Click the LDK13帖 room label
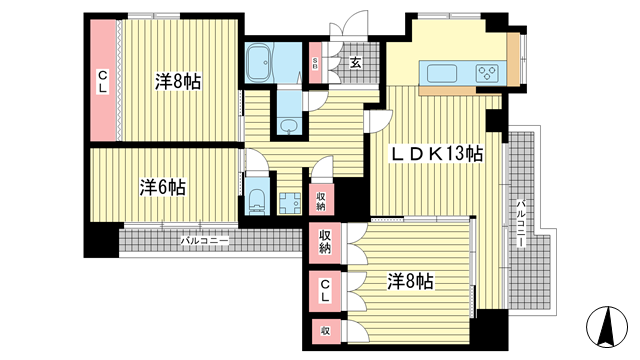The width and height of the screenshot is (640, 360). coord(437,154)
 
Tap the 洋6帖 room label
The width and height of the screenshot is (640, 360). coord(162,187)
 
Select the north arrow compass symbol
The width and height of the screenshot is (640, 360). coord(607,327)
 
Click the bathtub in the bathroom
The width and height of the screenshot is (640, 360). coord(259,63)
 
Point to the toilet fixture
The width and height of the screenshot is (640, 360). coord(257,201)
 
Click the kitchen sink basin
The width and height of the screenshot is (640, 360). coord(441,74)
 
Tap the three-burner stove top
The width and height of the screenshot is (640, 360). coord(487,73)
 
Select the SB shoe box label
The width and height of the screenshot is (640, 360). coord(315,63)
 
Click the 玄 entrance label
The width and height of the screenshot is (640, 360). coord(356,63)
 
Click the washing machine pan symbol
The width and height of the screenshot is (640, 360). coord(290,203)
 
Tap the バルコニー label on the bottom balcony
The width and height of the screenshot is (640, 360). coord(204,241)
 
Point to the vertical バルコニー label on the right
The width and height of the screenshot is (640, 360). coord(520,223)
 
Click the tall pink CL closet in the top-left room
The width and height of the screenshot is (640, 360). coord(103,81)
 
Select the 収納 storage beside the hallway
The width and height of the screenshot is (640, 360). coord(321,200)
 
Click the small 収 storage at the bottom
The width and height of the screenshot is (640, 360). coord(325,331)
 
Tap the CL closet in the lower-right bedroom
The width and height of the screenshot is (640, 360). coord(325,291)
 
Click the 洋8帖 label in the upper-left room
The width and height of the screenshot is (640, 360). coord(178,82)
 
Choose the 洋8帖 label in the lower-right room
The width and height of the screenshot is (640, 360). coord(410,281)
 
